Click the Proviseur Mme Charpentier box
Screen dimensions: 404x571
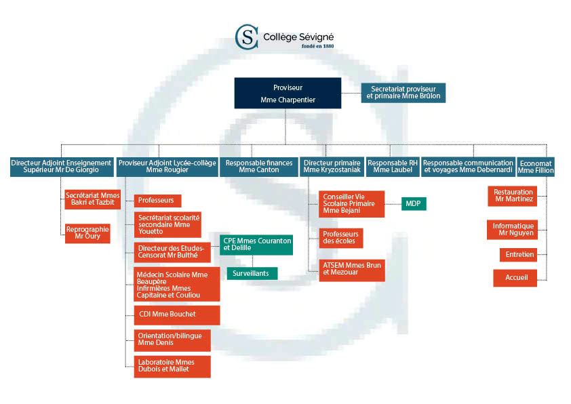[x=288, y=93]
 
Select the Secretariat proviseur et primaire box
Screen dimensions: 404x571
[x=403, y=92]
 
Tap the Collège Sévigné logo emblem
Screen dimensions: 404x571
[x=246, y=37]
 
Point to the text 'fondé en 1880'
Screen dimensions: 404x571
[x=317, y=47]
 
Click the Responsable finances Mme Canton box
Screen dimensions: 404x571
[x=259, y=167]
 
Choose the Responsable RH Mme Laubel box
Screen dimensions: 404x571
[x=393, y=167]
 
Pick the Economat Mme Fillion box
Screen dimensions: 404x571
[x=535, y=167]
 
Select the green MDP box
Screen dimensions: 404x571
[x=414, y=203]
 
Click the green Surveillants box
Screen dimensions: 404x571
[x=251, y=273]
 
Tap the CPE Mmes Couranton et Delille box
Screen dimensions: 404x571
[x=256, y=244]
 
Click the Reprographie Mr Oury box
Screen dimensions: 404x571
[x=87, y=233]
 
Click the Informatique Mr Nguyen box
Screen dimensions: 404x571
[x=513, y=230]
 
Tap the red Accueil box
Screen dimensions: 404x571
[x=515, y=277]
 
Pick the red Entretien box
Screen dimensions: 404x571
[x=518, y=255]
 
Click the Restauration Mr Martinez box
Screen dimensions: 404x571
[x=513, y=196]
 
